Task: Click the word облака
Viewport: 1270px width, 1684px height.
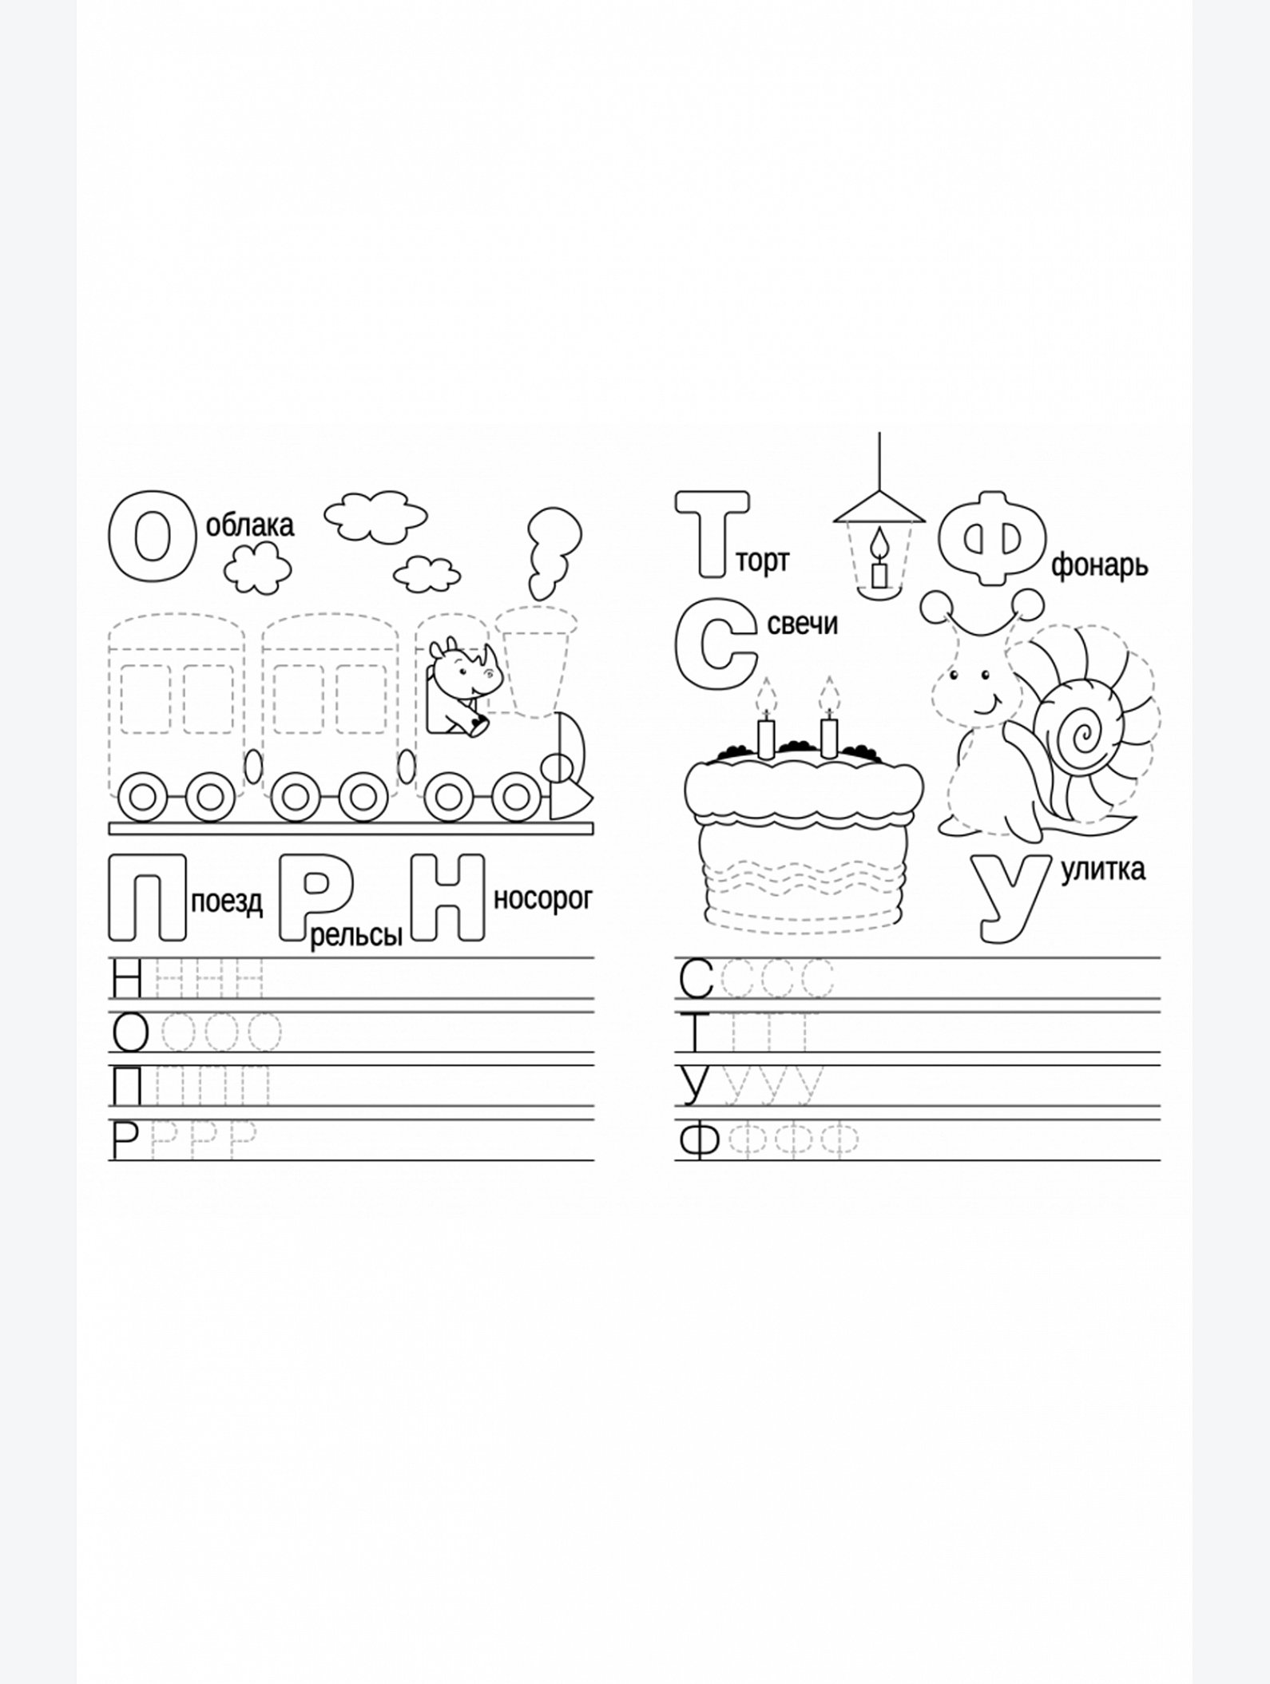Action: (x=250, y=525)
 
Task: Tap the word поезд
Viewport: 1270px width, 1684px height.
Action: (x=227, y=902)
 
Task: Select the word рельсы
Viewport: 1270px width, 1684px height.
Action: (x=356, y=935)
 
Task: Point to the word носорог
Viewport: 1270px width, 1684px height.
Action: (x=543, y=899)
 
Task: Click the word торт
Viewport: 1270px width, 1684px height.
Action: (x=762, y=561)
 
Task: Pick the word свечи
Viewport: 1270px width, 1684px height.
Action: (x=803, y=624)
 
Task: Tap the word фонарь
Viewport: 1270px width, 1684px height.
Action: (x=1099, y=565)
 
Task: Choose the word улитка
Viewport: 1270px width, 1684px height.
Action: (x=1103, y=869)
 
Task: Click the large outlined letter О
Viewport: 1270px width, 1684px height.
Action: (x=152, y=537)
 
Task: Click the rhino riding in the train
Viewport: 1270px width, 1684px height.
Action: (x=463, y=687)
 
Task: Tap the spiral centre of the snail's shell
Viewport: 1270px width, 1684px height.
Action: (x=1084, y=731)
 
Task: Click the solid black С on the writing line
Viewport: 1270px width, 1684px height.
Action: (x=696, y=980)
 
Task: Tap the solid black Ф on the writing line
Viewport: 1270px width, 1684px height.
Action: (x=699, y=1141)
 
